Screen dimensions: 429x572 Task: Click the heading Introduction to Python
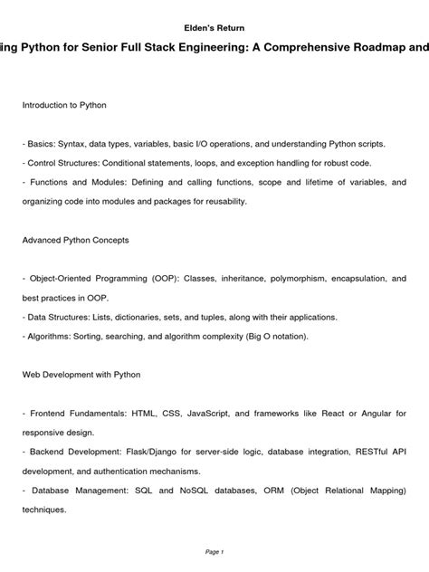point(64,106)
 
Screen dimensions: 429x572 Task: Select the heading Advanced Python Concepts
point(75,241)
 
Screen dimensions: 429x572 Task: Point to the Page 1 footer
point(214,551)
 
